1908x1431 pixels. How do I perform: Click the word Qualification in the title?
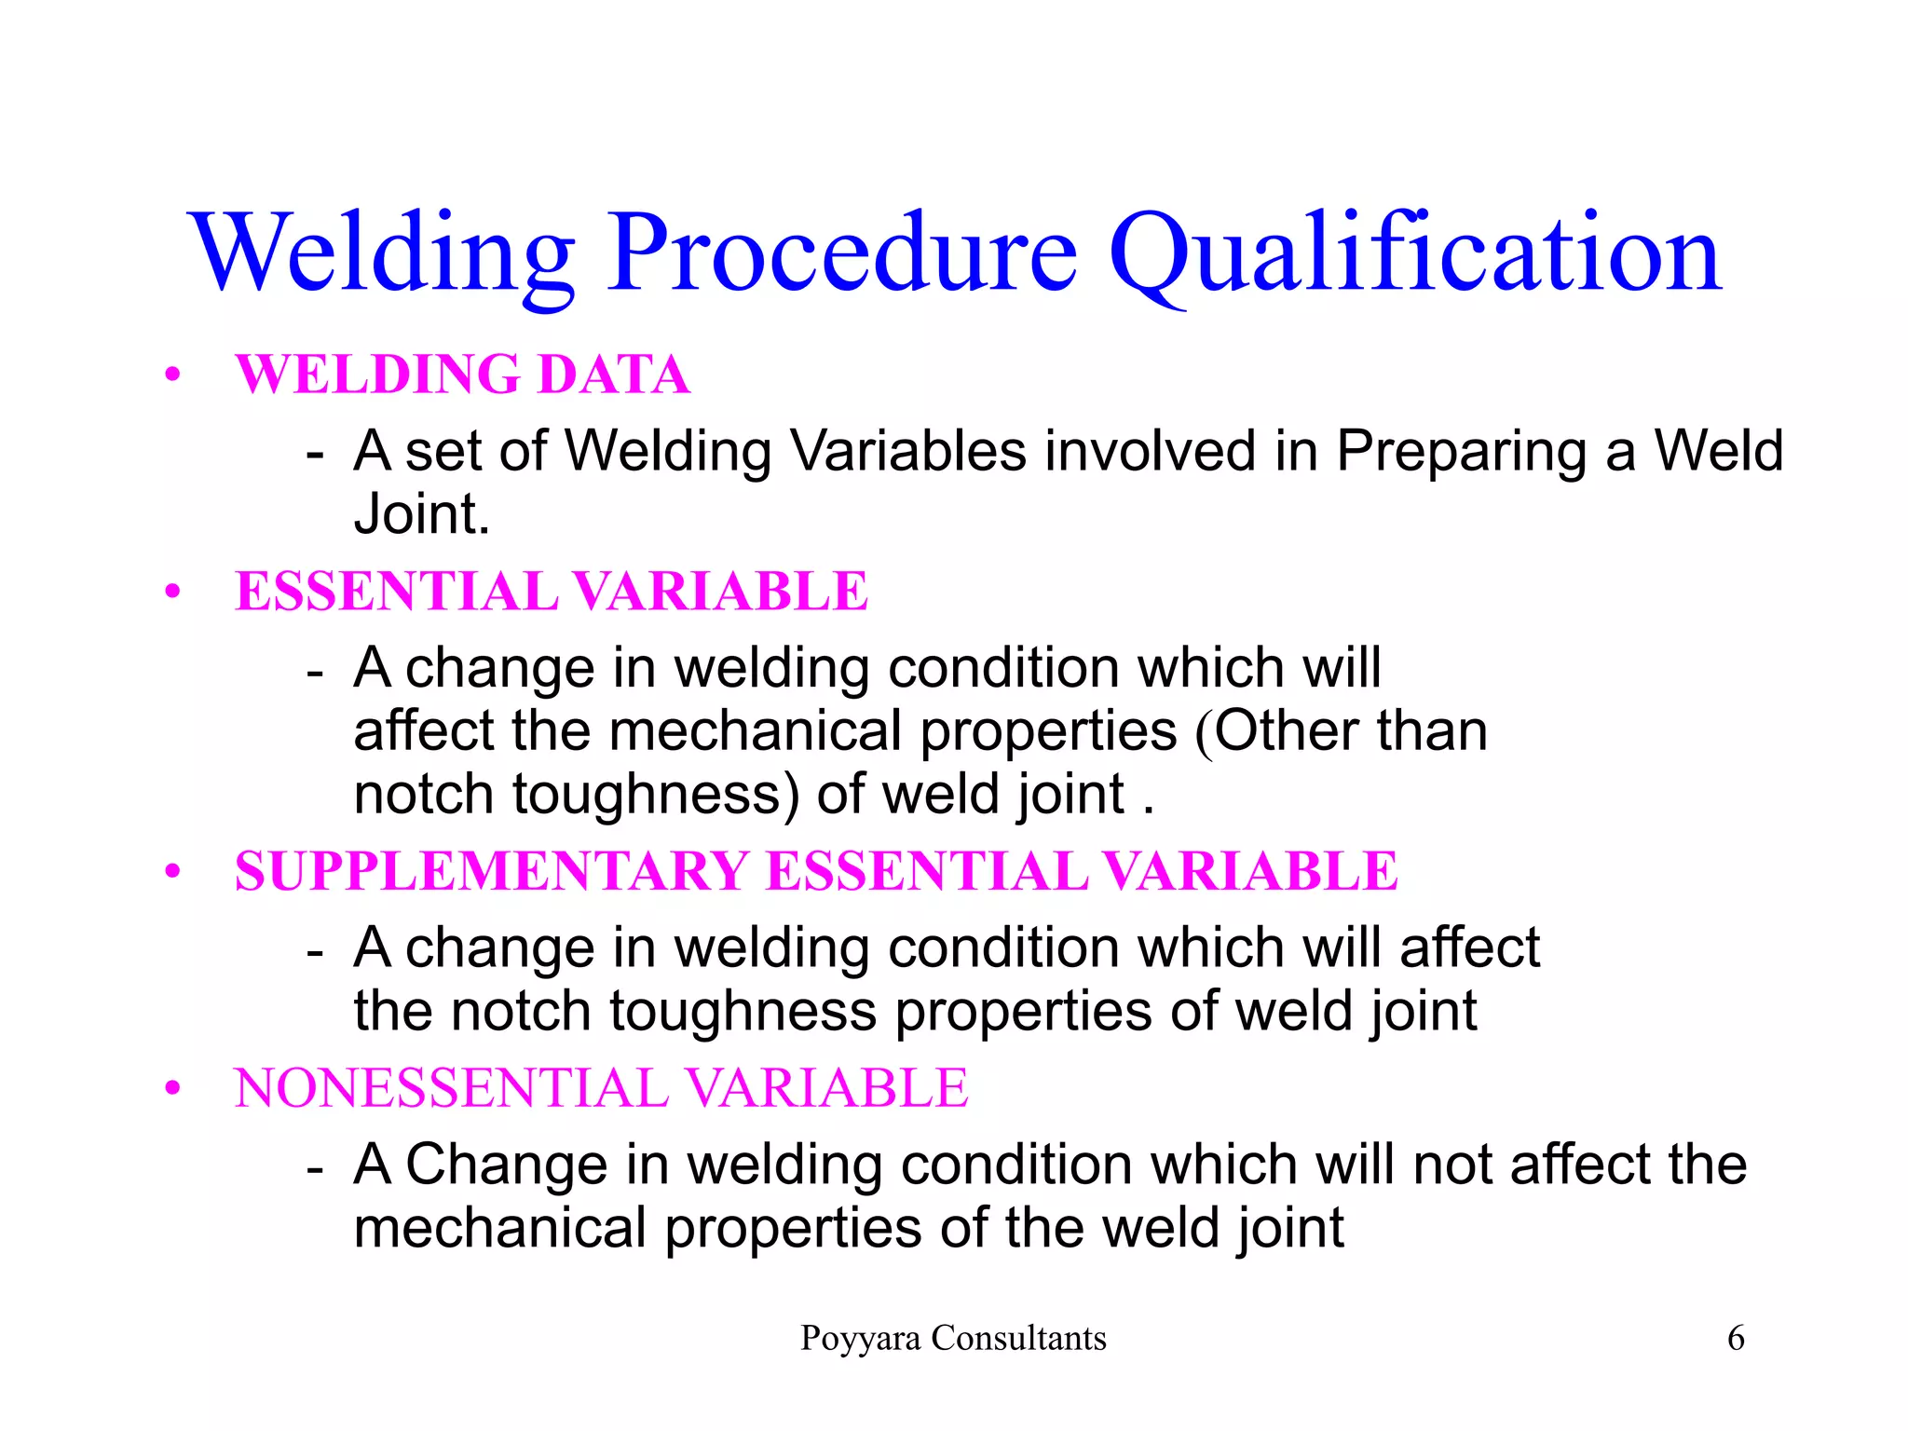pos(1414,253)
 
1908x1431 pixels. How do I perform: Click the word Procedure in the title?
pos(843,253)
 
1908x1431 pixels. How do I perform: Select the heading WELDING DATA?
pos(462,375)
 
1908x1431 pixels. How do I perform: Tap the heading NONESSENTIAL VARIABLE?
pos(601,1088)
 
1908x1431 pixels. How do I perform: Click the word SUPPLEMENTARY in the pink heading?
pos(492,872)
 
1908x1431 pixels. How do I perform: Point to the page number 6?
pos(1736,1338)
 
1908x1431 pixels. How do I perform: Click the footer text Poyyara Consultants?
pos(953,1338)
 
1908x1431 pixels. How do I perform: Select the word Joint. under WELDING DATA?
pos(421,514)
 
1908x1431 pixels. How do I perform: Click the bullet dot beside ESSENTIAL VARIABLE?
pos(171,593)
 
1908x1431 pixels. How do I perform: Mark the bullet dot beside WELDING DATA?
pos(171,375)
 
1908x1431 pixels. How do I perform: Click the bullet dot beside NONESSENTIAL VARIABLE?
pos(171,1089)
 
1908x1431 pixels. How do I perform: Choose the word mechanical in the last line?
pos(499,1228)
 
